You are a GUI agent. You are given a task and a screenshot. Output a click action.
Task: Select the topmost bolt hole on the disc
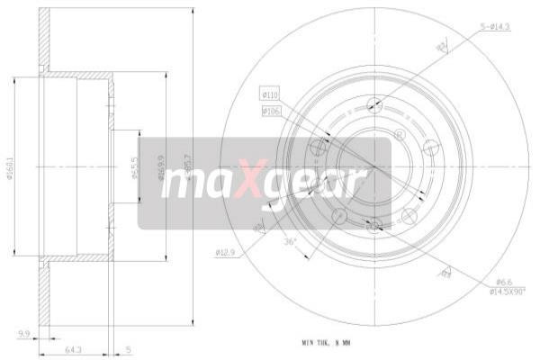[x=374, y=105]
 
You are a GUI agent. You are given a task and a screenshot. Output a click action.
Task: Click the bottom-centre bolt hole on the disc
[x=374, y=224]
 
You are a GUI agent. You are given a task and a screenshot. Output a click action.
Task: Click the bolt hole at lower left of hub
[x=339, y=216]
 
